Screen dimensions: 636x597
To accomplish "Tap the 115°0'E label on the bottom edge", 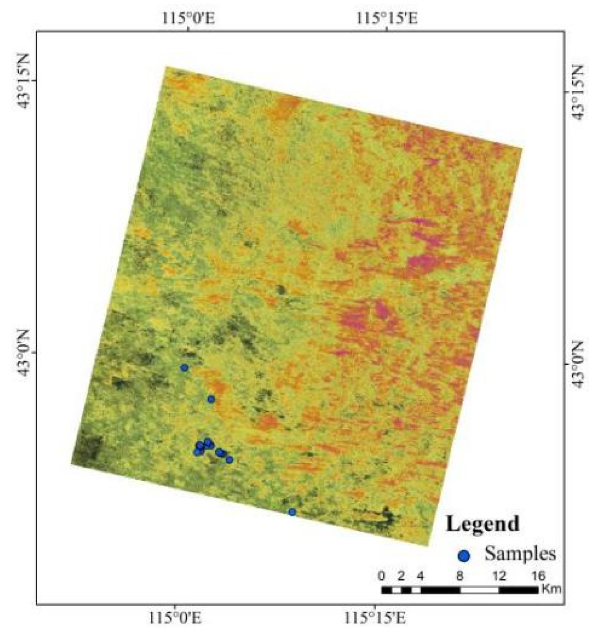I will tap(175, 617).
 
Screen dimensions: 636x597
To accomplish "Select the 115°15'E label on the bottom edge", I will tap(375, 617).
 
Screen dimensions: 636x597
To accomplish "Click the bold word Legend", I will tap(482, 524).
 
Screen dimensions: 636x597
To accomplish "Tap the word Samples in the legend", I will tap(520, 553).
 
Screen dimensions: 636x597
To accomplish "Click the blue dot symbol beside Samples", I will tap(464, 556).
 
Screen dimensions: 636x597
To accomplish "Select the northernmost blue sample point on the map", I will tap(185, 367).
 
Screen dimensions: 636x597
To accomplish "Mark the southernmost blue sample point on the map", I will tap(292, 512).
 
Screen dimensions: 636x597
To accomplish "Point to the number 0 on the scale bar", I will tap(381, 576).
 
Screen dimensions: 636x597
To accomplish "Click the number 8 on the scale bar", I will tap(460, 576).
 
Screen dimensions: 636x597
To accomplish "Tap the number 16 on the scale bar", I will tap(538, 576).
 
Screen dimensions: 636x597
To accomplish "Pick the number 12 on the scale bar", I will tap(499, 576).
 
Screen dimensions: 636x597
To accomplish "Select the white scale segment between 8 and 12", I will tap(479, 590).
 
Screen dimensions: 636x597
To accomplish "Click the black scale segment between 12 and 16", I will tap(518, 590).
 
